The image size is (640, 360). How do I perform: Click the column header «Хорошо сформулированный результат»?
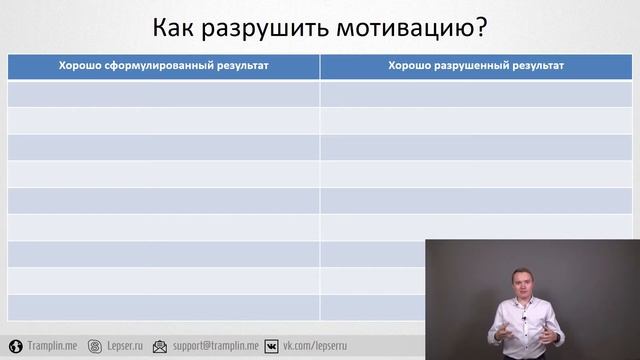pos(164,66)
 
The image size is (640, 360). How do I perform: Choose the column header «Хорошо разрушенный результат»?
pos(476,66)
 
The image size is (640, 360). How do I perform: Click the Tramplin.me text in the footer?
pos(53,345)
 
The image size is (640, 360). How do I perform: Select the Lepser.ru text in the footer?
pos(124,345)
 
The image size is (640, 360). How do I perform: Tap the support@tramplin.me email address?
pos(215,345)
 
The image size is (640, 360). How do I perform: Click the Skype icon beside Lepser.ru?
pos(95,345)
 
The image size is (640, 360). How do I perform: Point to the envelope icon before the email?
pos(160,345)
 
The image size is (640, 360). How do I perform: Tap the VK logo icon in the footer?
pos(271,345)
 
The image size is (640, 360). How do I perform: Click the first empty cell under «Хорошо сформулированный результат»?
pos(164,93)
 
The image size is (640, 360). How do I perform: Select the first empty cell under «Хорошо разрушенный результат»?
pos(476,93)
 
